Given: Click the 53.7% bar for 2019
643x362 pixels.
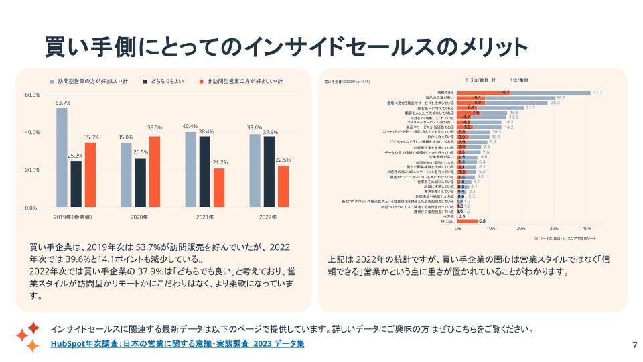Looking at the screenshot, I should [x=62, y=158].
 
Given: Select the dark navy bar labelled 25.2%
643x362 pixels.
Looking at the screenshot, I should [x=76, y=184].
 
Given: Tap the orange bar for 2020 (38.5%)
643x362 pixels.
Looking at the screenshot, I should [x=155, y=172].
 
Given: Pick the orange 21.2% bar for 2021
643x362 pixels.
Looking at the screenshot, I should [x=219, y=188].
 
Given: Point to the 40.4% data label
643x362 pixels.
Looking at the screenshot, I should [x=190, y=126].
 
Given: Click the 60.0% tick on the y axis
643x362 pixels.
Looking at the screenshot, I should [x=32, y=95].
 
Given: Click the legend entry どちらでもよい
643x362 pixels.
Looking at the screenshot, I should [x=167, y=81].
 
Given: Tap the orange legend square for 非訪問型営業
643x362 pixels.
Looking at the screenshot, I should [x=201, y=81].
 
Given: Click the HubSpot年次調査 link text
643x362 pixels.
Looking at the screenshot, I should [x=177, y=344].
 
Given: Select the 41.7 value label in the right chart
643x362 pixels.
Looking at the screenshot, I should [x=598, y=93].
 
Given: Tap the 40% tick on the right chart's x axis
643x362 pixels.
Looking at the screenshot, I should [x=587, y=228].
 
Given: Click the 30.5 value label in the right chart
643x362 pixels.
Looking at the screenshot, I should [x=561, y=97].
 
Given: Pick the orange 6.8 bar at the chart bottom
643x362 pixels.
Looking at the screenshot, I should [x=468, y=221].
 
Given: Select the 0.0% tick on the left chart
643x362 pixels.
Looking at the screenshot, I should [x=32, y=208].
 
